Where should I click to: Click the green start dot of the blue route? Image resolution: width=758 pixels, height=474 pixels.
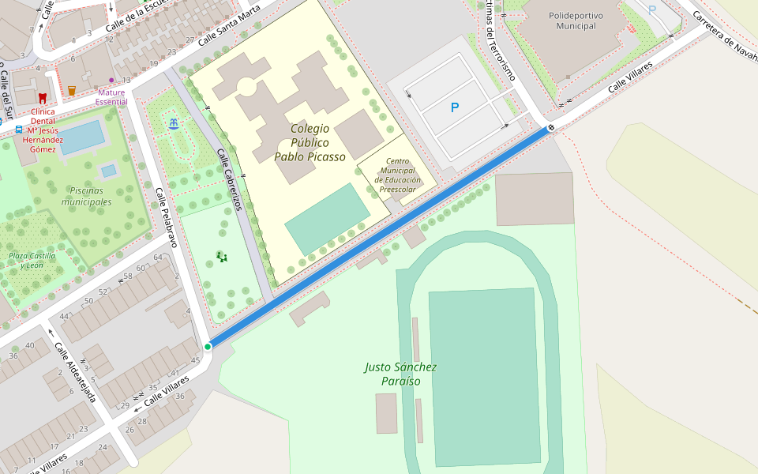pos(208,347)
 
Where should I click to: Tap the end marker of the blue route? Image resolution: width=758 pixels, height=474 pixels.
pos(550,127)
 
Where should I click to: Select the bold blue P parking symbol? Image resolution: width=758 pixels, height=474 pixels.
pos(454,107)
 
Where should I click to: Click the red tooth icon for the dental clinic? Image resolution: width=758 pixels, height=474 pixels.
pos(43,98)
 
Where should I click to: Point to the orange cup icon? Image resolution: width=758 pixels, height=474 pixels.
pos(72,90)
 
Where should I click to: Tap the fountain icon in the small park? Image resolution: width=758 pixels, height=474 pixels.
pos(173,122)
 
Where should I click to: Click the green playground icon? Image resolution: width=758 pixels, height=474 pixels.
pos(222,256)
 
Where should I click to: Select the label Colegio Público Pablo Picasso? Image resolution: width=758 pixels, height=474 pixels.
pos(310,142)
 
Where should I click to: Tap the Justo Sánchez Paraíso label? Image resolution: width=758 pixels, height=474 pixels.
pos(400,374)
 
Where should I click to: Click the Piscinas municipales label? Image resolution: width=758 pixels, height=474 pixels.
pos(91,196)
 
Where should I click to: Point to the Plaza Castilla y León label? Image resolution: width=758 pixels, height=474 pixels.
pos(32,260)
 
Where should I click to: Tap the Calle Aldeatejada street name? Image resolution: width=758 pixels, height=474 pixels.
pos(75,372)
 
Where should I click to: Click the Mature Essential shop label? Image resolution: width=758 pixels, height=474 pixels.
pos(111,96)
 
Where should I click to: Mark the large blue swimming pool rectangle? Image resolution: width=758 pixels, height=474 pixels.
pos(81,137)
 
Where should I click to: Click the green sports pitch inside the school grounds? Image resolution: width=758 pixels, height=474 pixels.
pos(327,218)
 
